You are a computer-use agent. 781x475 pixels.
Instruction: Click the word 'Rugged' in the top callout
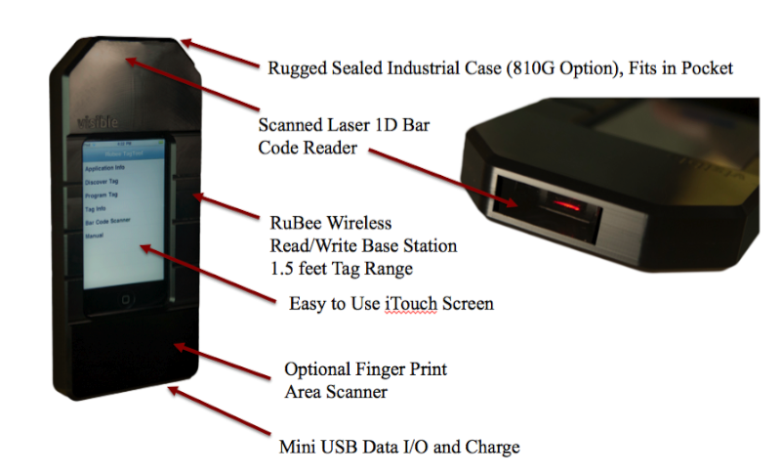[297, 67]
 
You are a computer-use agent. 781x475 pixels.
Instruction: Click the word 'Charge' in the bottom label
[494, 447]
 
